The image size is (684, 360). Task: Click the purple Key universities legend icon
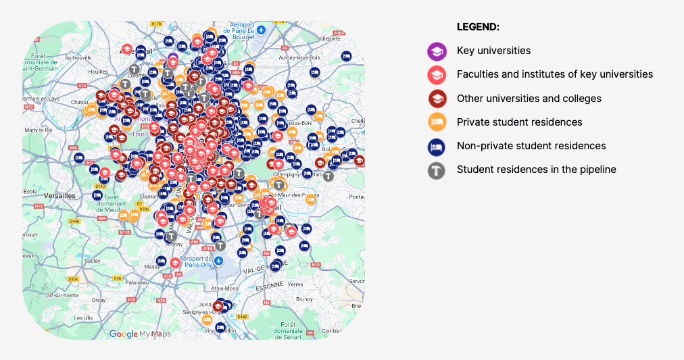pos(437,51)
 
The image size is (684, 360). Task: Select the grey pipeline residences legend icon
pos(437,170)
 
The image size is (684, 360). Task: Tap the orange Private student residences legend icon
pos(437,122)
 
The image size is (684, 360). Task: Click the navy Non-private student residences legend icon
pos(437,146)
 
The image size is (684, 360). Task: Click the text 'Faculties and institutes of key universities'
pos(554,74)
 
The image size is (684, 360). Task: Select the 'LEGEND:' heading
pos(478,27)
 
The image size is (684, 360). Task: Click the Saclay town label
pos(93,260)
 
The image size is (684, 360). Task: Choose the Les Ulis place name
pos(84,317)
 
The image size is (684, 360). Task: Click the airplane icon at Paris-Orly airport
pos(218,259)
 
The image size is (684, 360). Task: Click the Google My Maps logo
pos(139,334)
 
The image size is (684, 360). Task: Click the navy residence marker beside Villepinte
pos(346,56)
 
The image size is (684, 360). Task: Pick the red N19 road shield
pos(315,265)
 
